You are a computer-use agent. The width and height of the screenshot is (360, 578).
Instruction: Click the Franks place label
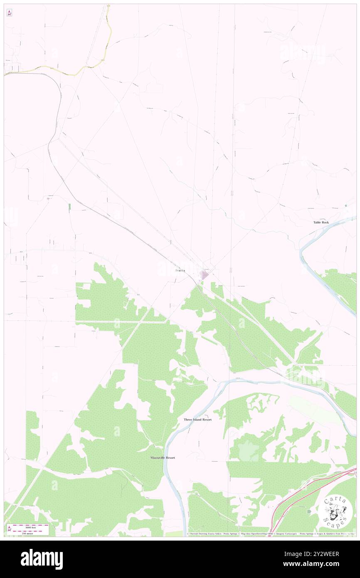pyautogui.click(x=180, y=271)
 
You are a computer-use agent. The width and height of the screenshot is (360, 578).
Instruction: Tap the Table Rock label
pyautogui.click(x=321, y=222)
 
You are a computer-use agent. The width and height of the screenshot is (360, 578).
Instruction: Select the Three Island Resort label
pyautogui.click(x=198, y=420)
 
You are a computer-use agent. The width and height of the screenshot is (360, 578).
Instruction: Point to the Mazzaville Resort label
pyautogui.click(x=163, y=457)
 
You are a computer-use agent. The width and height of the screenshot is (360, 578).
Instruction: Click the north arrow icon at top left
pyautogui.click(x=9, y=13)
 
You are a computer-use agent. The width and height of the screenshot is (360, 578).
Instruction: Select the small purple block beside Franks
pyautogui.click(x=204, y=275)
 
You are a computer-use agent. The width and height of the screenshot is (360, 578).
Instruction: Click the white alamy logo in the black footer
pyautogui.click(x=42, y=559)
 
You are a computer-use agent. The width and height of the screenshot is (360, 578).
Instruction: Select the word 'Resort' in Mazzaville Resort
pyautogui.click(x=168, y=457)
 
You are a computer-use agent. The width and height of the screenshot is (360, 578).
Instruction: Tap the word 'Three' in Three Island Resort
pyautogui.click(x=189, y=420)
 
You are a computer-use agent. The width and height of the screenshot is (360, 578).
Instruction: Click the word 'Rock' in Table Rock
pyautogui.click(x=325, y=222)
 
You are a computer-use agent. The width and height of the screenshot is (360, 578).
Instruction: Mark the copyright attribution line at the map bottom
pyautogui.click(x=270, y=534)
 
